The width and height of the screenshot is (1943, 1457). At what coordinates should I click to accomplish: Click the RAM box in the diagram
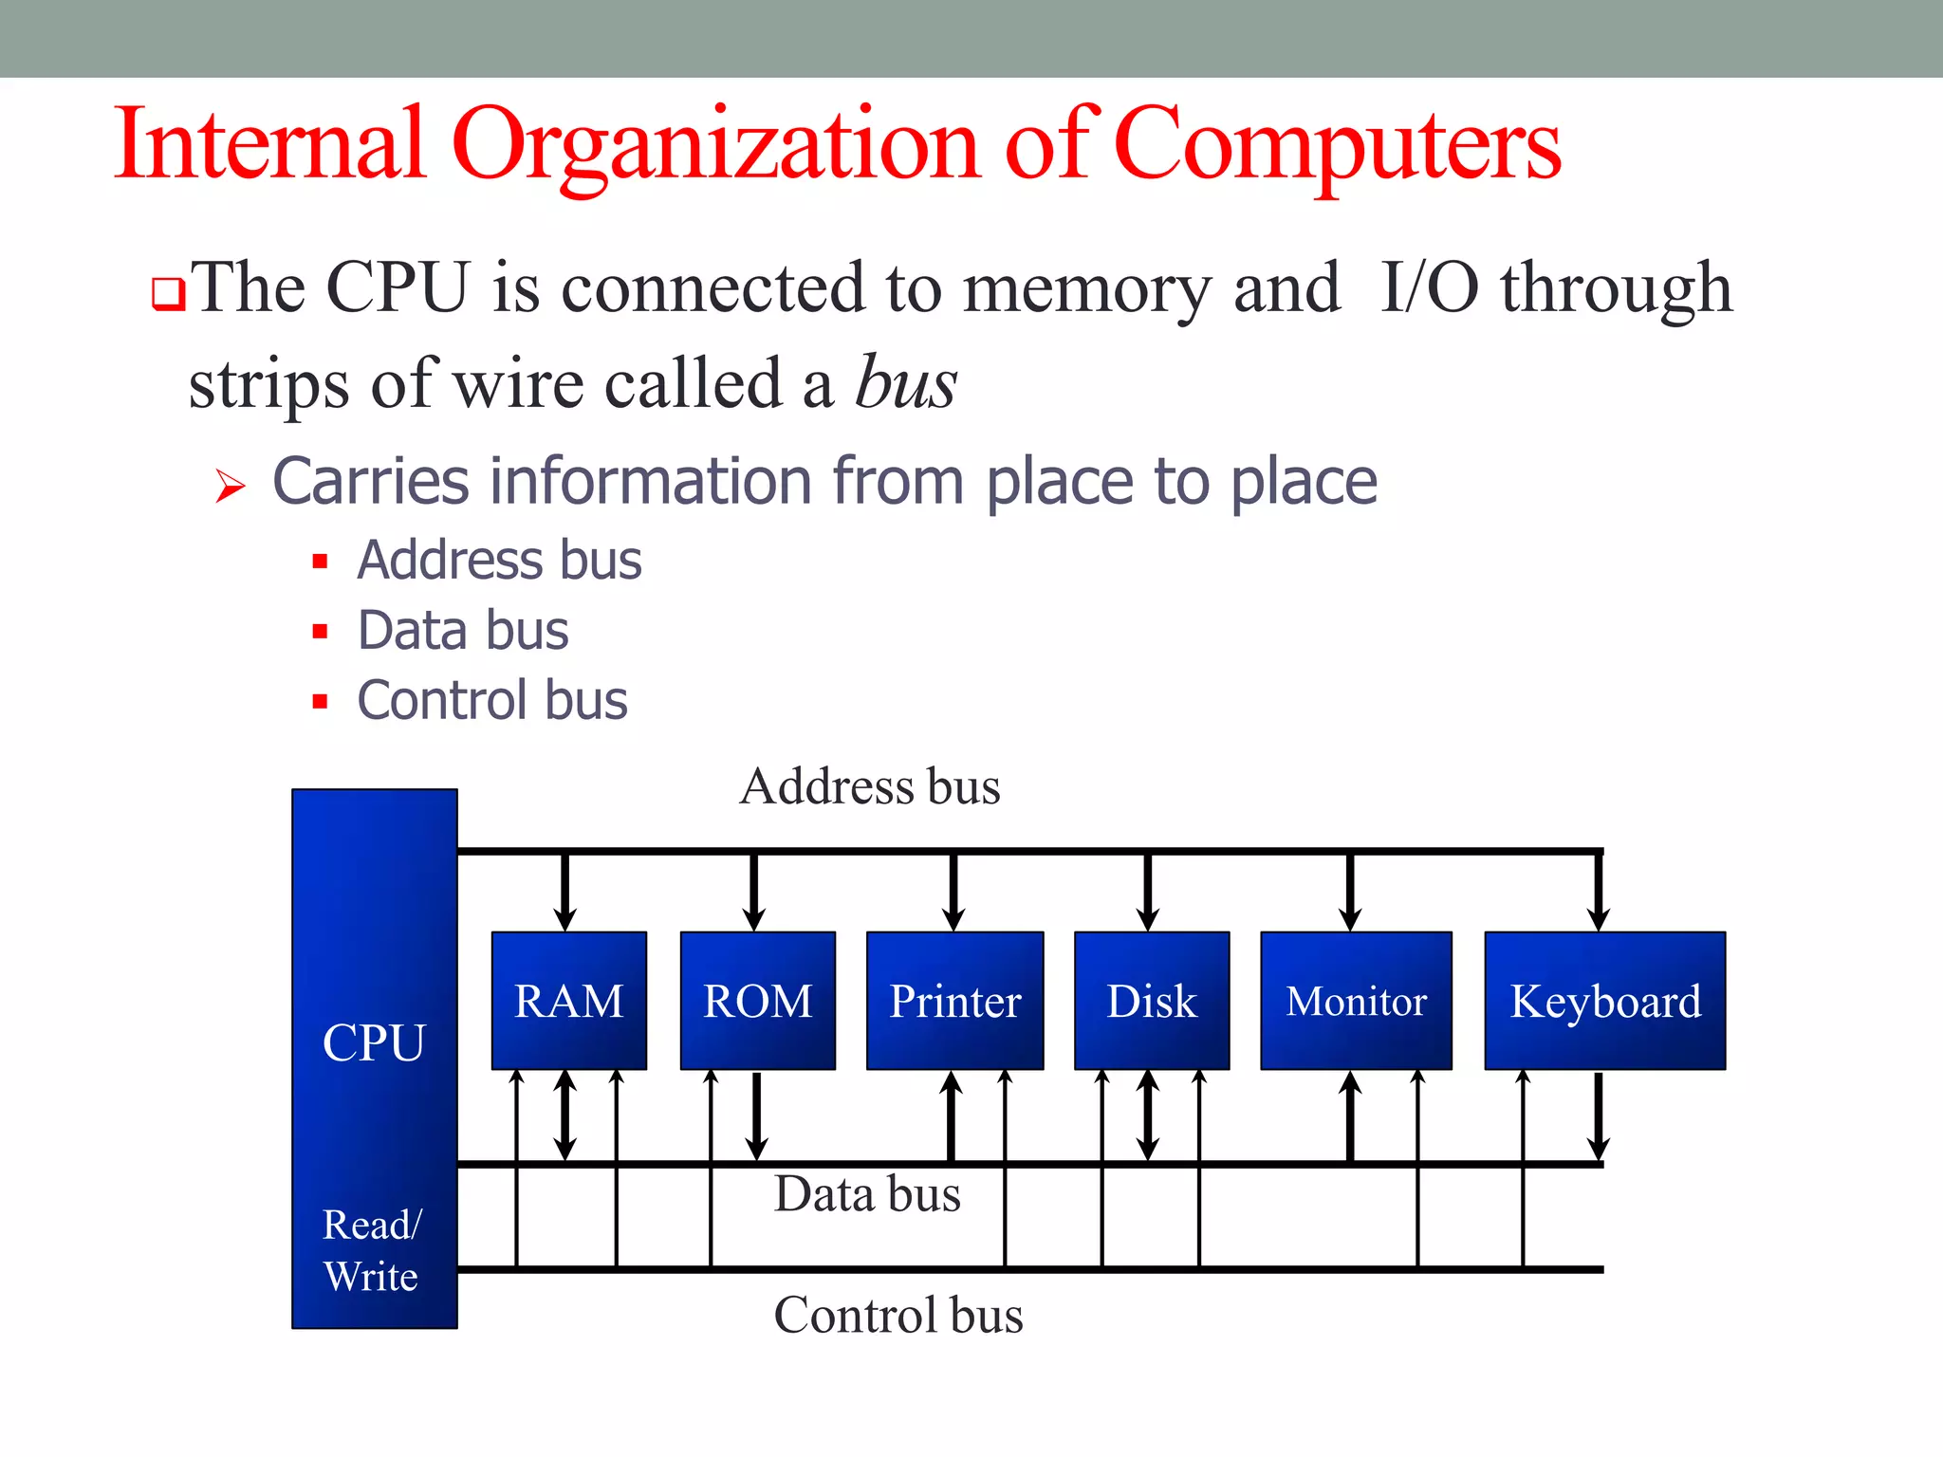pyautogui.click(x=568, y=1001)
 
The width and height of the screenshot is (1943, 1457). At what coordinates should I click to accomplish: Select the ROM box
pyautogui.click(x=757, y=1001)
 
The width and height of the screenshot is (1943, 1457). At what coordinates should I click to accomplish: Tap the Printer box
pyautogui.click(x=954, y=1001)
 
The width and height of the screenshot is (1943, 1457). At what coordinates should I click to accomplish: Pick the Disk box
pyautogui.click(x=1152, y=1001)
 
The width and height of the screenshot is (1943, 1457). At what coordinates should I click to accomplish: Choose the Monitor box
pyautogui.click(x=1356, y=1001)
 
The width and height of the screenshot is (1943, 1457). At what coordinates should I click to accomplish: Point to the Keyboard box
pyautogui.click(x=1604, y=1001)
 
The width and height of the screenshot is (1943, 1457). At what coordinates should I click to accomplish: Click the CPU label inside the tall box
pyautogui.click(x=374, y=1042)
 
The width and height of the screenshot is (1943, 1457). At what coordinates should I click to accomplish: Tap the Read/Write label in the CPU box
pyautogui.click(x=371, y=1250)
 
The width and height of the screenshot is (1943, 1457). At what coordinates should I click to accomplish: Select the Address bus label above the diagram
pyautogui.click(x=870, y=786)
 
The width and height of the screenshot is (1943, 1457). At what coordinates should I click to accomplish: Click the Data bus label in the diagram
pyautogui.click(x=867, y=1193)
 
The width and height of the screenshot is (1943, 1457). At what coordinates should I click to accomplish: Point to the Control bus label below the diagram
pyautogui.click(x=897, y=1315)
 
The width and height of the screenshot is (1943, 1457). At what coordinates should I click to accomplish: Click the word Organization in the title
pyautogui.click(x=716, y=144)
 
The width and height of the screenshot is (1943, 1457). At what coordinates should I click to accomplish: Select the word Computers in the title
pyautogui.click(x=1337, y=144)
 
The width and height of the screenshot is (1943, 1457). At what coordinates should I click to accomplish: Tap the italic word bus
pyautogui.click(x=905, y=383)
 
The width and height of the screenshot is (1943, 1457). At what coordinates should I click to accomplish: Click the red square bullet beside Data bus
pyautogui.click(x=320, y=632)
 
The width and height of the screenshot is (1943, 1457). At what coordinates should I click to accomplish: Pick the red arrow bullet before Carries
pyautogui.click(x=230, y=486)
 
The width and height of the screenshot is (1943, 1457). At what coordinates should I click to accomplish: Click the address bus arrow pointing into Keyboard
pyautogui.click(x=1599, y=892)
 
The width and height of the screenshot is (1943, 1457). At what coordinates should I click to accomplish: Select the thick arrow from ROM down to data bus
pyautogui.click(x=756, y=1116)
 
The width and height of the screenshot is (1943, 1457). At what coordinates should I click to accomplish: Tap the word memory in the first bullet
pyautogui.click(x=1086, y=288)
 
